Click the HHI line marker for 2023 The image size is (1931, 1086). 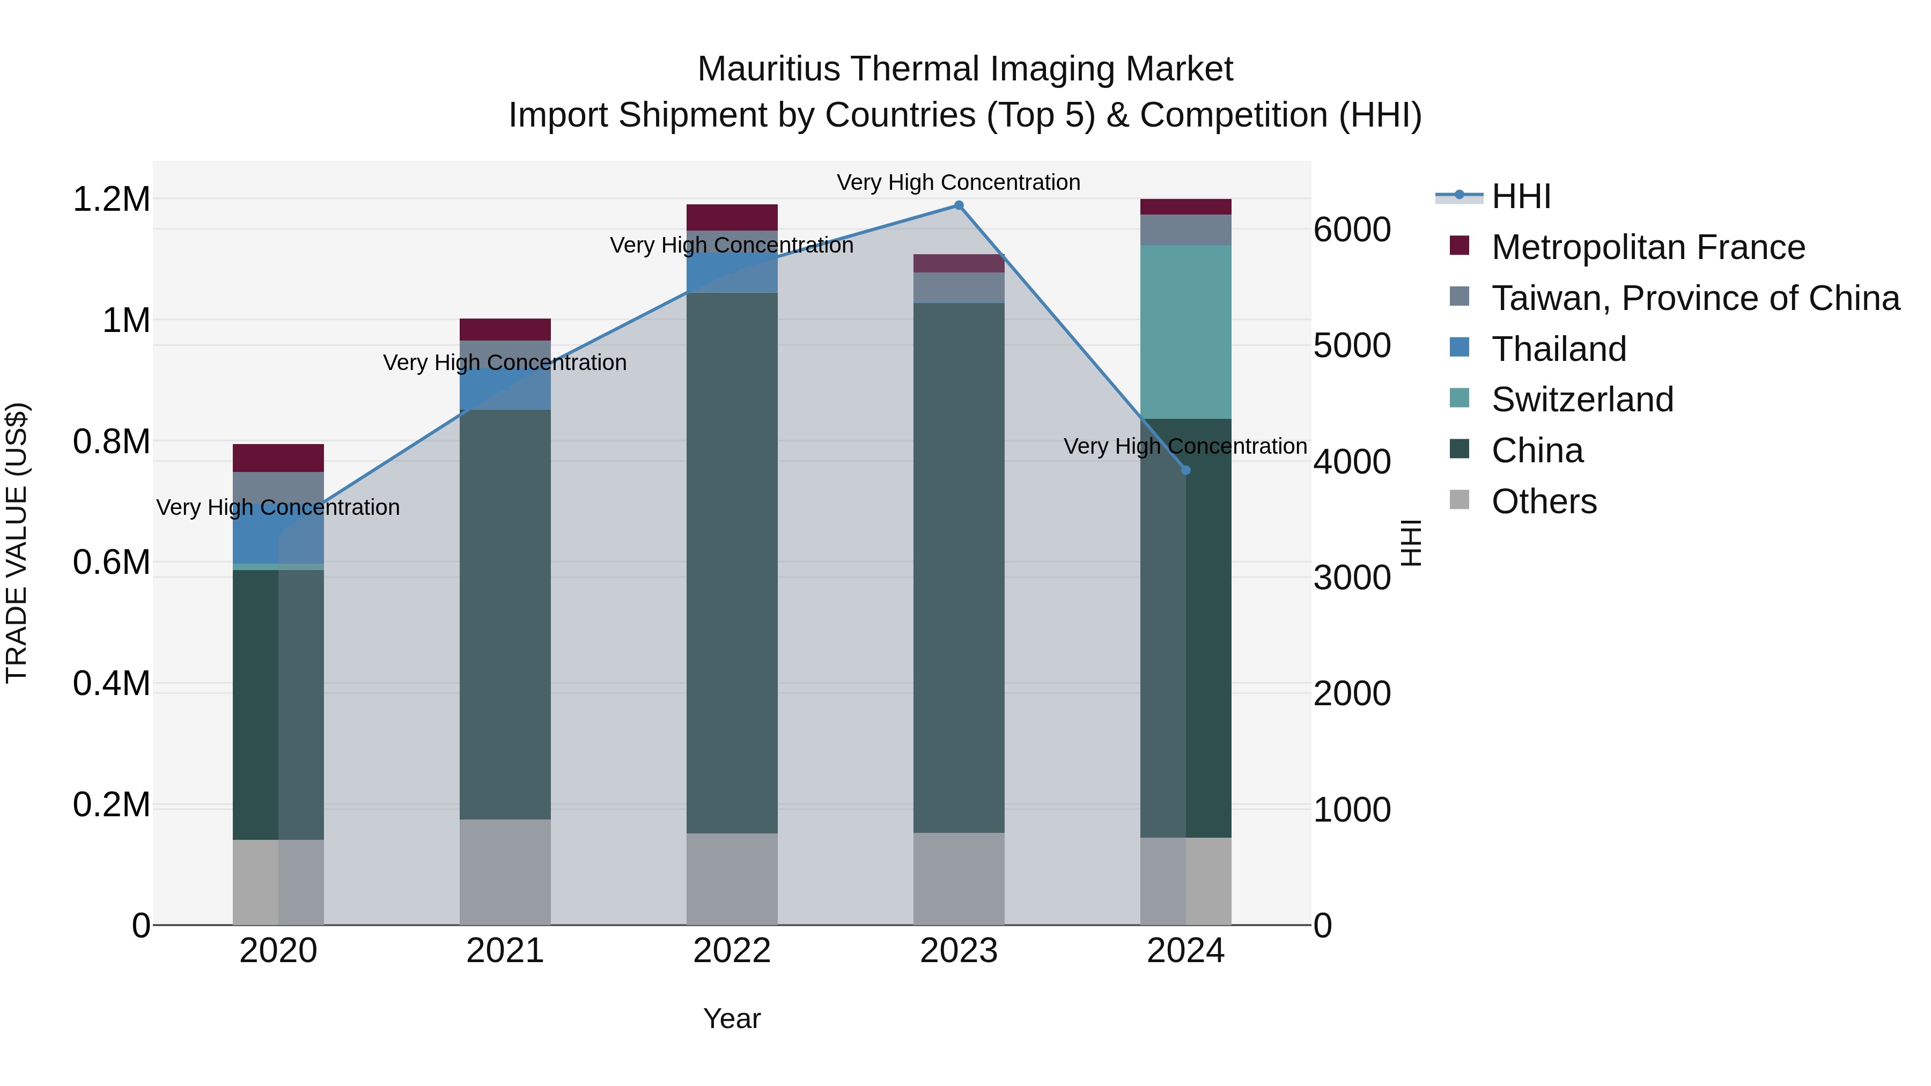pyautogui.click(x=958, y=205)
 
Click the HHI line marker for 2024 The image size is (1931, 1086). pyautogui.click(x=1185, y=471)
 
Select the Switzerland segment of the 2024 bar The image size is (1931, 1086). pyautogui.click(x=1185, y=331)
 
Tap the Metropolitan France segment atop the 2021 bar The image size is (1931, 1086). pyautogui.click(x=505, y=330)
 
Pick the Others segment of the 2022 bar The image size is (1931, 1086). pyautogui.click(x=732, y=878)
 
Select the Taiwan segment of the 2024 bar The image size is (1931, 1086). pyautogui.click(x=1185, y=230)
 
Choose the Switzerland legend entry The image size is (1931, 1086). pyautogui.click(x=1582, y=400)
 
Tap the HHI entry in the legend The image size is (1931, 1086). pyautogui.click(x=1520, y=196)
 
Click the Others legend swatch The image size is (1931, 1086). pyautogui.click(x=1459, y=500)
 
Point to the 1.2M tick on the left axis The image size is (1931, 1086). pyautogui.click(x=111, y=200)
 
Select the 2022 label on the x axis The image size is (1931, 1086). pyautogui.click(x=732, y=951)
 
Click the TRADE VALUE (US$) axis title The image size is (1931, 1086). pyautogui.click(x=17, y=543)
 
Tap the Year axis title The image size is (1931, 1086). pyautogui.click(x=732, y=1018)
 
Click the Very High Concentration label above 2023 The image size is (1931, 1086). pyautogui.click(x=958, y=182)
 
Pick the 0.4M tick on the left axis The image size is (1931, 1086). pyautogui.click(x=111, y=684)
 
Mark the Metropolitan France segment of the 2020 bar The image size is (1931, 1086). pyautogui.click(x=278, y=458)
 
